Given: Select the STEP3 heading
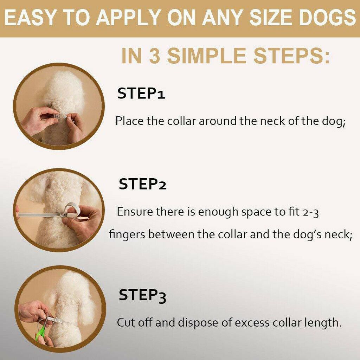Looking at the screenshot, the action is pyautogui.click(x=142, y=295).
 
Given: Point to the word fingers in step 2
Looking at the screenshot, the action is pyautogui.click(x=127, y=235).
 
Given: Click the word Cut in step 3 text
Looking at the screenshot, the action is pyautogui.click(x=126, y=322).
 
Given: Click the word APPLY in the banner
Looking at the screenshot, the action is pyautogui.click(x=128, y=18).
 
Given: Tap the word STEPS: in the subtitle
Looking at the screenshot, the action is pyautogui.click(x=291, y=56).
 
